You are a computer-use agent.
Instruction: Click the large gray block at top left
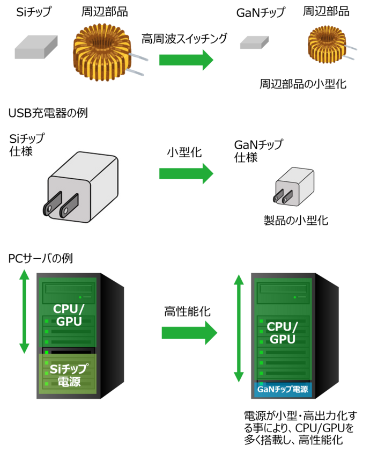[35, 47]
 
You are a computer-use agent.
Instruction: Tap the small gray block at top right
[254, 42]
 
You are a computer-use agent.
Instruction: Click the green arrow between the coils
[186, 60]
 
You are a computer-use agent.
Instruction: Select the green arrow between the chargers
[186, 173]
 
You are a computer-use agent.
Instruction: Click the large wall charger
[83, 186]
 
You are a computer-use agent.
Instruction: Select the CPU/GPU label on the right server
[282, 333]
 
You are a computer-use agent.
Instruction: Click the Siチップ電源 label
[68, 375]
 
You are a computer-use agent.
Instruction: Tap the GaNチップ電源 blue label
[283, 390]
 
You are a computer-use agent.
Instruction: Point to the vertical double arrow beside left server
[24, 311]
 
